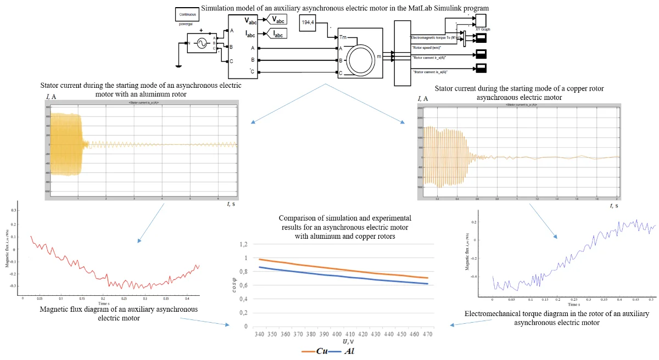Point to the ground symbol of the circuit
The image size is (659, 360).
point(178,66)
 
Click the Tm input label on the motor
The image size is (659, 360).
point(344,37)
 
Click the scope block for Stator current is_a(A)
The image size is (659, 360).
point(482,68)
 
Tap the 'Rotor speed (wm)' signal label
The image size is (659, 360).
point(429,48)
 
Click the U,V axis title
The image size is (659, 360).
point(349,341)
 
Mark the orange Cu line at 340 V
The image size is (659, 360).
point(259,259)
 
